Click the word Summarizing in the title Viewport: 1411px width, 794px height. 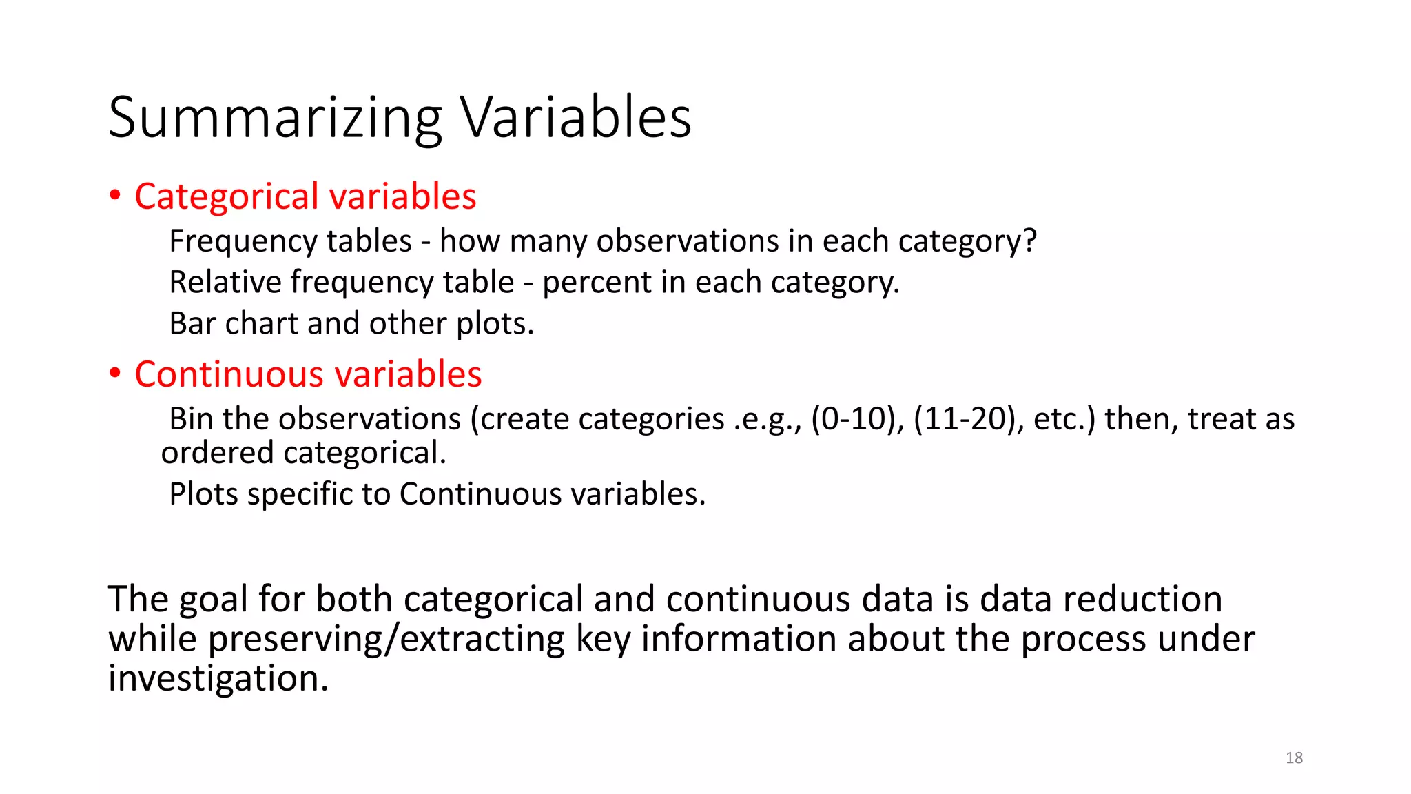[x=274, y=119]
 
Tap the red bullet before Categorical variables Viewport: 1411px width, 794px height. [x=115, y=196]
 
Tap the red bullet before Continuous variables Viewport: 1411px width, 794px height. [x=115, y=374]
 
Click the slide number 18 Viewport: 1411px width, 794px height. [x=1294, y=757]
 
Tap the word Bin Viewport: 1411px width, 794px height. [x=191, y=419]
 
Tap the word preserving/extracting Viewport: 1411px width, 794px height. [x=386, y=640]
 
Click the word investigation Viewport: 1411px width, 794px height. [x=218, y=679]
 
